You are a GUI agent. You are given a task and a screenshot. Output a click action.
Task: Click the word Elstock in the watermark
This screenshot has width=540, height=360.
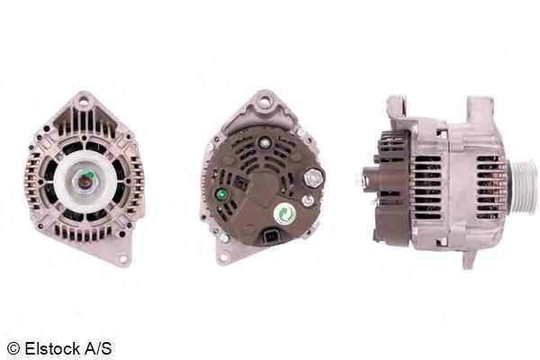pos(51,348)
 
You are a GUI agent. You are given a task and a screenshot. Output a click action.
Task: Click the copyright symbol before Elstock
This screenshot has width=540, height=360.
pos(13,349)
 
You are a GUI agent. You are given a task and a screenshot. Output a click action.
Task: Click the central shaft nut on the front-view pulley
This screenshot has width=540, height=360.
pos(84,181)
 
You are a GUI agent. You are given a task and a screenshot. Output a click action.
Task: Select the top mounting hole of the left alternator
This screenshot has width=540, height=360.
pos(83,102)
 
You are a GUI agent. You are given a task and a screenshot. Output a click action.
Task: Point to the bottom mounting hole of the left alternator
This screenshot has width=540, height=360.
pos(123,258)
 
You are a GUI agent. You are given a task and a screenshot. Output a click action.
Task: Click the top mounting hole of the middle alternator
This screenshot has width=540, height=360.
pos(265,102)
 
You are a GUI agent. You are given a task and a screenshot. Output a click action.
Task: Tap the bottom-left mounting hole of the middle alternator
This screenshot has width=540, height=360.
pos(224,257)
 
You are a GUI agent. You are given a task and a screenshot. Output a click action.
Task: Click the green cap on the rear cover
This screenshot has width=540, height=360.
pos(221,195)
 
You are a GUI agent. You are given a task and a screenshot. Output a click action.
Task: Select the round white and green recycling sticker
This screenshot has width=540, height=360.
pos(285,214)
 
